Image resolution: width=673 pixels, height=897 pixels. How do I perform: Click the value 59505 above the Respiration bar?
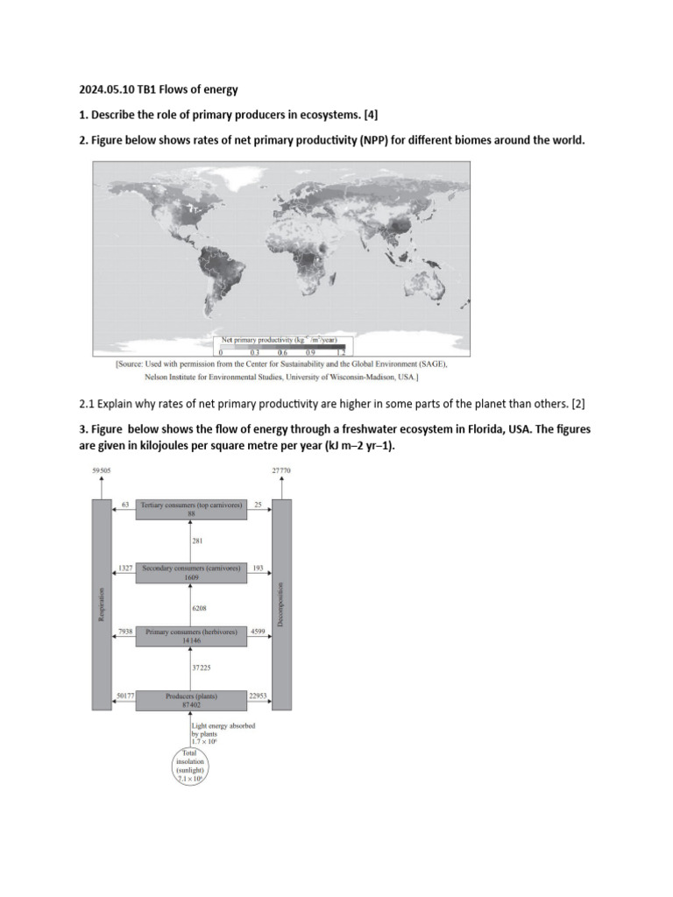coord(102,470)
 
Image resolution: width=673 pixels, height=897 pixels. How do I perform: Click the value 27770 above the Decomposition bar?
coord(281,470)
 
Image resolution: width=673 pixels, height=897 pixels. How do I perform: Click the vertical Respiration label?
coord(103,604)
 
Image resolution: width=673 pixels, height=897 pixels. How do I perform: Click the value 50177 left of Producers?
coord(125,696)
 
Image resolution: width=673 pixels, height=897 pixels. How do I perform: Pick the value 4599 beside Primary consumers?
coord(259,631)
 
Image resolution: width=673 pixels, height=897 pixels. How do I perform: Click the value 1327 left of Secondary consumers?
coord(124,568)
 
